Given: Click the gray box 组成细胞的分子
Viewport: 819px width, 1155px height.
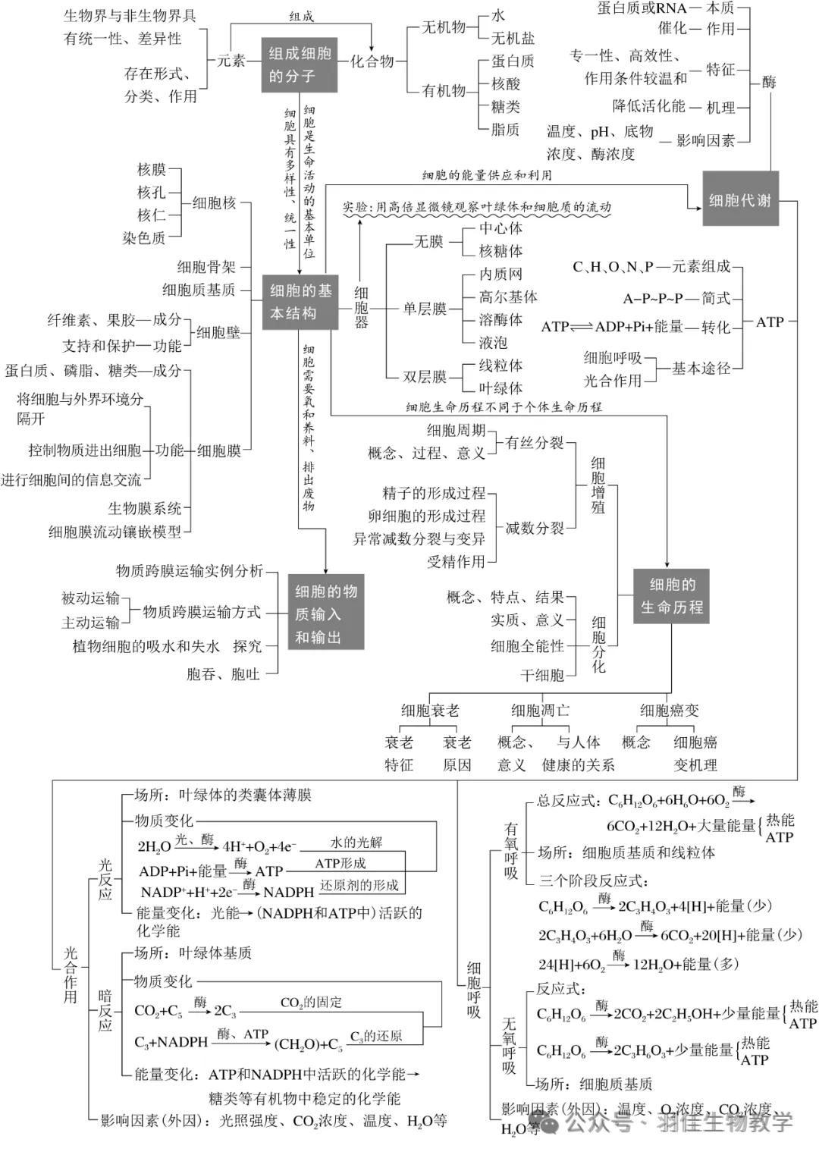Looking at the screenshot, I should [300, 65].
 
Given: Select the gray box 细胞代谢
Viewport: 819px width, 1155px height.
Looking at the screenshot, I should [739, 199].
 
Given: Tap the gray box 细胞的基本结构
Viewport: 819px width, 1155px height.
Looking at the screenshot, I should [300, 302].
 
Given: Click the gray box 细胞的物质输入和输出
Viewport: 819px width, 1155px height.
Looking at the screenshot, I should [326, 614].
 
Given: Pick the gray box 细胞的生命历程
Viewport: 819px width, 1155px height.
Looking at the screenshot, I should [671, 596].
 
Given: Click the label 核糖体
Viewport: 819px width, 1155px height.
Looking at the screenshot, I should [500, 251].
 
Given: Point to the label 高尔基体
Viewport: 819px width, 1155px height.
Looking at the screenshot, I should [508, 297].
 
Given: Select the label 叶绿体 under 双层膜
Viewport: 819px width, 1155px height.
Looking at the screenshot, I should [500, 388].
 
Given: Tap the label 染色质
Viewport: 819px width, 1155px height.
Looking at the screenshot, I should [144, 238].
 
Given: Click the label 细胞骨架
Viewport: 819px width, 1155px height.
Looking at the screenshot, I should [206, 267].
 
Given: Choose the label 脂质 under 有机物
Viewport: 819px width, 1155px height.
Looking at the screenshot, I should [505, 130].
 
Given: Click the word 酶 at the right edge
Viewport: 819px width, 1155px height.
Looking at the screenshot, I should [769, 82].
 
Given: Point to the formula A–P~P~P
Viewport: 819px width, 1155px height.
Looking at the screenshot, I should [653, 298].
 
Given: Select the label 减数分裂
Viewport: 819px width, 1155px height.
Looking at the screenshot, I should [535, 528].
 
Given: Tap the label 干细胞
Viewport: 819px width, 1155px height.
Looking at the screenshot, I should [542, 675].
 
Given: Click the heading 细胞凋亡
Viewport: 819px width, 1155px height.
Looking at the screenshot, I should [540, 711].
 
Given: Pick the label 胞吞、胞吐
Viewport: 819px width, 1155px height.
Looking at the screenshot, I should [223, 674].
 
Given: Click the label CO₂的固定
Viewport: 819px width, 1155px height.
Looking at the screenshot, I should [311, 1003].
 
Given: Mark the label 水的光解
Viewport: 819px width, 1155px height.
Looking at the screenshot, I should [356, 843].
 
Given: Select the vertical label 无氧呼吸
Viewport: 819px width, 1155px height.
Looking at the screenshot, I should [509, 1046].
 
